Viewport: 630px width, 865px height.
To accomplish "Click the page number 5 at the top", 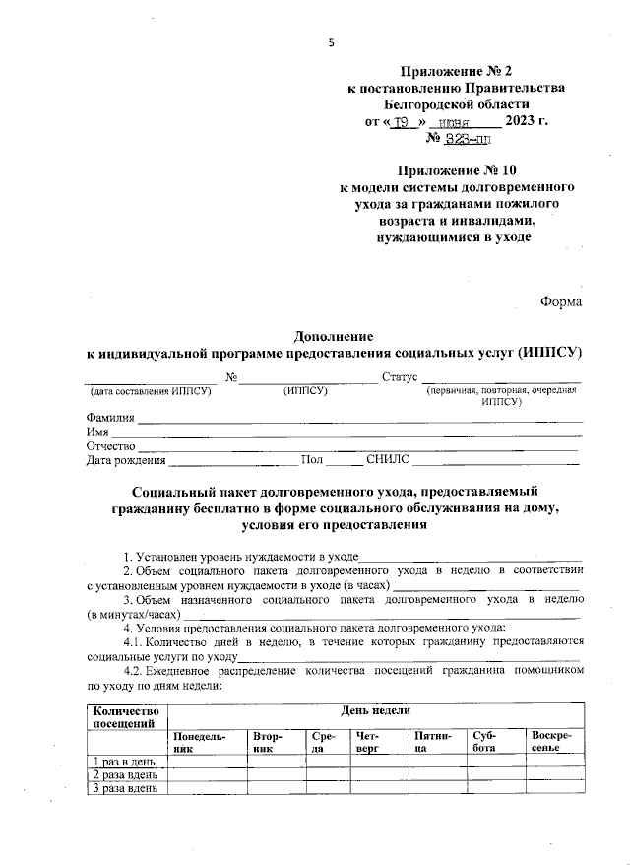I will tap(332, 42).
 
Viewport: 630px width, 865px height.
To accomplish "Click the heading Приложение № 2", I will tap(458, 71).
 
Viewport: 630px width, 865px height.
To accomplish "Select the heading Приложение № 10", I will tap(458, 169).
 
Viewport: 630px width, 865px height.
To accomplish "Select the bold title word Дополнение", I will tap(334, 335).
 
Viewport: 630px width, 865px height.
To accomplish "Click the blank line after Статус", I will tap(502, 379).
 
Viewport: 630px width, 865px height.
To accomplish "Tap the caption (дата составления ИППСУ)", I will tap(148, 391).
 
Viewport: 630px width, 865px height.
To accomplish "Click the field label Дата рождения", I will tap(126, 459).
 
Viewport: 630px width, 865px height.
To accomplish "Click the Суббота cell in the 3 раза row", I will tap(495, 788).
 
